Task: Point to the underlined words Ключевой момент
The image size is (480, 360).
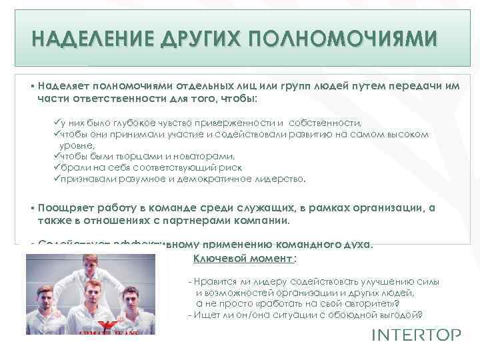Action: (243, 259)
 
